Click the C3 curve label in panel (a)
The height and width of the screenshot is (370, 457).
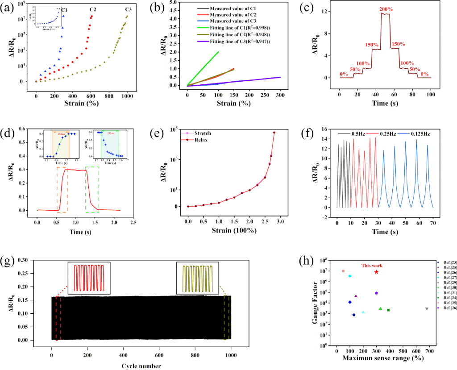(x=128, y=9)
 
